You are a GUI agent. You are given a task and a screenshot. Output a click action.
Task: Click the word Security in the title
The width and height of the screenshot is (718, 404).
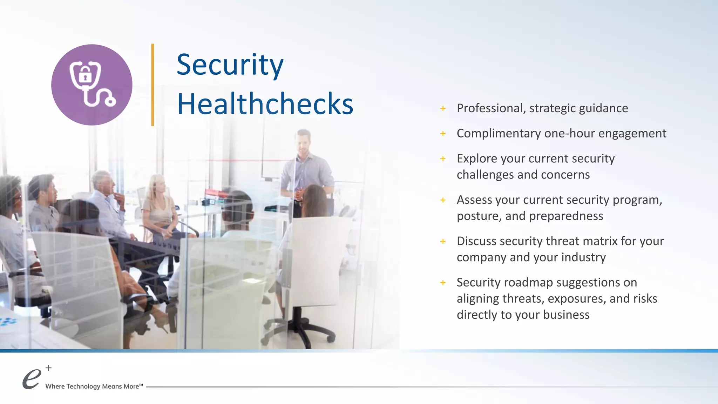(x=230, y=65)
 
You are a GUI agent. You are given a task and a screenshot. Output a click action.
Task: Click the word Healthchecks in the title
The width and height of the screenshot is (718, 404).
(x=265, y=104)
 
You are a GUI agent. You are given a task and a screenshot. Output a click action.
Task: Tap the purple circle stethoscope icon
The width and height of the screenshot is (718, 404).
(x=92, y=85)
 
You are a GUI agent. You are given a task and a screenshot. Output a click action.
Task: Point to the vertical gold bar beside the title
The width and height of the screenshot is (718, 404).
(x=153, y=85)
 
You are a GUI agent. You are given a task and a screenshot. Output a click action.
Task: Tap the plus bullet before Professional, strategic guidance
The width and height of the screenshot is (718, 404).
(x=443, y=108)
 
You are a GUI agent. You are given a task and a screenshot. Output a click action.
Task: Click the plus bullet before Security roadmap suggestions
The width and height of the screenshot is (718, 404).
(x=443, y=283)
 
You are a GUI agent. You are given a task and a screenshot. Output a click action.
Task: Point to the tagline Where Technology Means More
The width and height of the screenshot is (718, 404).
(x=94, y=386)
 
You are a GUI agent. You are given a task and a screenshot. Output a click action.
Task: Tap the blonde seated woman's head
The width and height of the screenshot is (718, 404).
(x=157, y=184)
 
